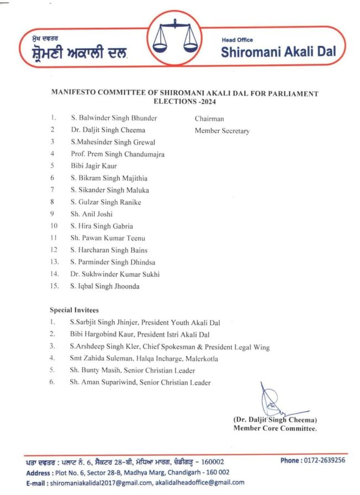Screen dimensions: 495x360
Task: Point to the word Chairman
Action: point(209,118)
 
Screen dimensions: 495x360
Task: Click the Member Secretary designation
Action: point(222,131)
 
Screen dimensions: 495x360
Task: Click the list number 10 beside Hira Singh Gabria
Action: point(53,226)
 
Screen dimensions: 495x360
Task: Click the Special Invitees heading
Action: point(74,310)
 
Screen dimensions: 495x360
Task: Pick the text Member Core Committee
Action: point(275,428)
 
